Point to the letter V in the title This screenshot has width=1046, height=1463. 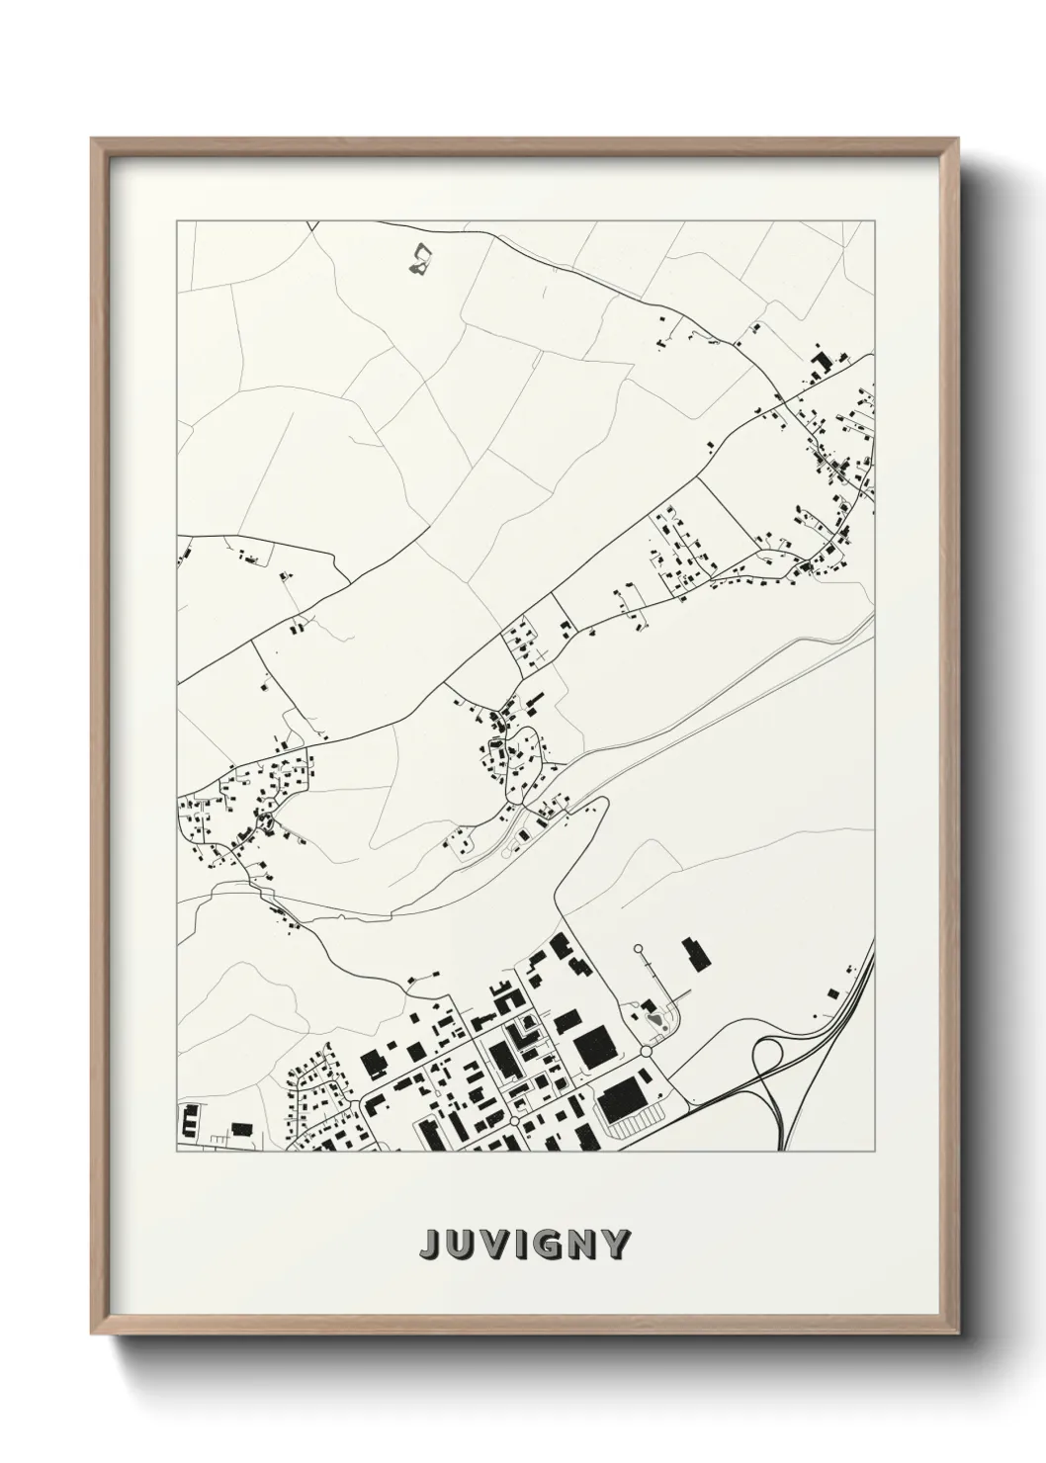(x=491, y=1245)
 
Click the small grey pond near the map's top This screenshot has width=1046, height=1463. (x=421, y=259)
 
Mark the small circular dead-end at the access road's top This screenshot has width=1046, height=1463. (x=638, y=949)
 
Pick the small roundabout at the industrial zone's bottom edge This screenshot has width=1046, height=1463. (x=515, y=1123)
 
